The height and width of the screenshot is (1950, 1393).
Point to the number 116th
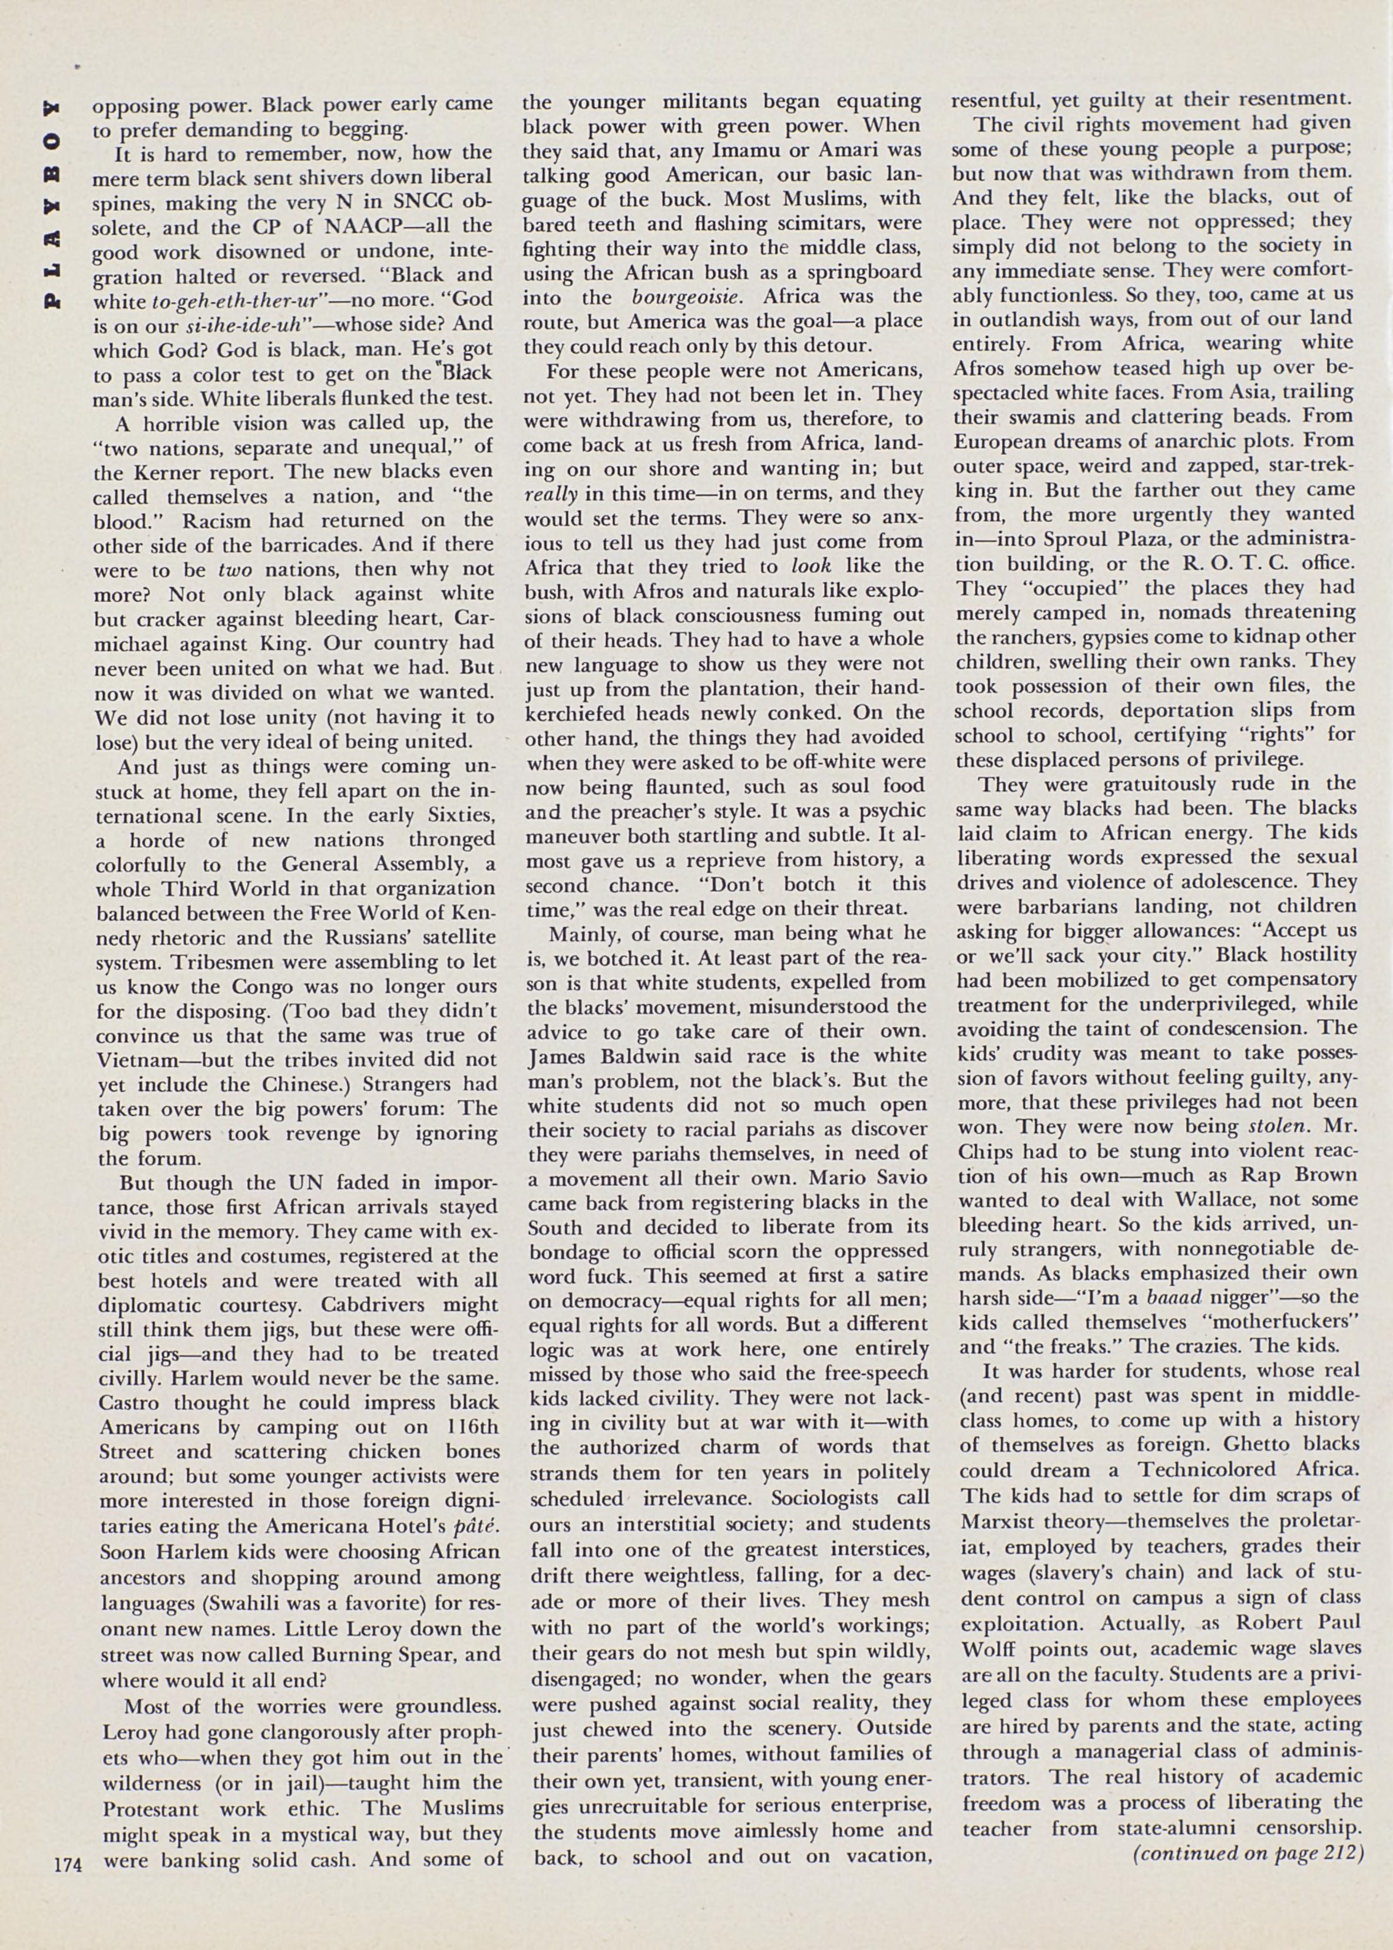click(461, 1427)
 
